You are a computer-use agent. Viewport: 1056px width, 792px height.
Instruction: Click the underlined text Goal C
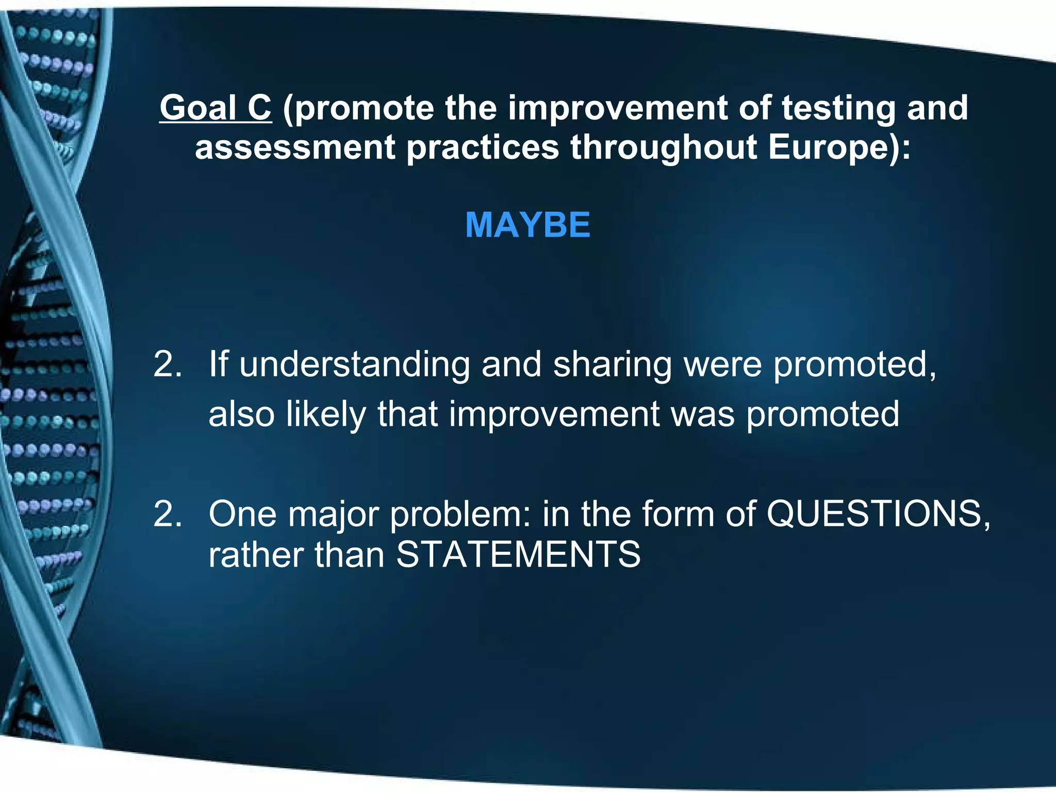(215, 108)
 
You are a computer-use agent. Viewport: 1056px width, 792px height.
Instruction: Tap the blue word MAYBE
(527, 225)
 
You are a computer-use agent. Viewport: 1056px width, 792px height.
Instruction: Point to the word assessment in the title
(294, 147)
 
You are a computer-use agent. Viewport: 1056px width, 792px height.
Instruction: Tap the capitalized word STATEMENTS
(518, 555)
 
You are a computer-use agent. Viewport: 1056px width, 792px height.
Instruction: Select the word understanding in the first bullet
(355, 365)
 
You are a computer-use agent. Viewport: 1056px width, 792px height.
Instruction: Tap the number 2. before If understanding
(168, 365)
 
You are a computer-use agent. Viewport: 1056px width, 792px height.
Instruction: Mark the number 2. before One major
(168, 514)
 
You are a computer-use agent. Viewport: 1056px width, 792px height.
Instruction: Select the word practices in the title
(483, 148)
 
